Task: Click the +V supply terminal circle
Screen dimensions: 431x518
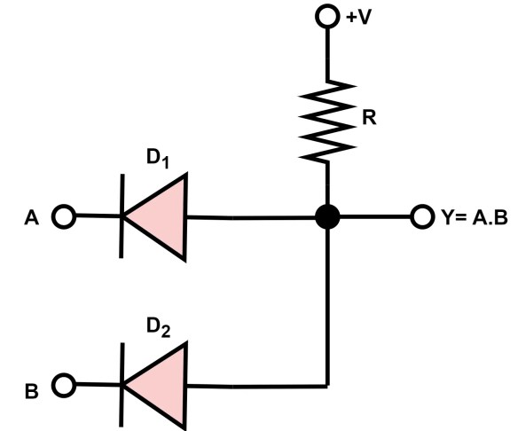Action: (329, 16)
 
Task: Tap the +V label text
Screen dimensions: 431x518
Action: (358, 17)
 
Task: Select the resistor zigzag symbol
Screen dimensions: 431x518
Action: (329, 119)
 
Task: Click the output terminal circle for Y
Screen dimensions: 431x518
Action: (421, 216)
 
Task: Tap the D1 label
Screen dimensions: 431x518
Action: (158, 161)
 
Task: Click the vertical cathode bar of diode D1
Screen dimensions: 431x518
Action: (122, 216)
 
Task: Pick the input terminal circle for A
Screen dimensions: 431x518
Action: (64, 216)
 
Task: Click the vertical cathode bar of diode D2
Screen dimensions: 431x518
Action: (122, 385)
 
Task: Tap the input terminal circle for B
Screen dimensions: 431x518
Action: (64, 385)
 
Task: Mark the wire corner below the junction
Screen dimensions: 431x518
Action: (329, 385)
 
